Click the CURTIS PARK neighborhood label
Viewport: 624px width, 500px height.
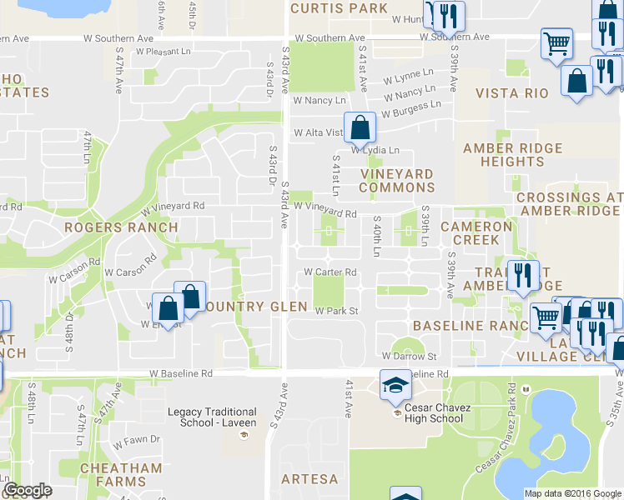pos(339,8)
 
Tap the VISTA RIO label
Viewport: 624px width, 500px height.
pos(512,93)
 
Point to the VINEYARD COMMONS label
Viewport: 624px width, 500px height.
pos(396,181)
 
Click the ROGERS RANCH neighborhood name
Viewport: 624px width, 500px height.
pos(121,227)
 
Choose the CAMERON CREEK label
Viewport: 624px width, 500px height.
pos(476,232)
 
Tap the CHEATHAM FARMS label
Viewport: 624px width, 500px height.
pos(121,475)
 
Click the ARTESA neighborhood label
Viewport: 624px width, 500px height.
pos(309,479)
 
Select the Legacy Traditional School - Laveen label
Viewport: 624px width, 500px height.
pos(212,417)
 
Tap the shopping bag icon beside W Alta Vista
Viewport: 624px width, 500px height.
pos(360,128)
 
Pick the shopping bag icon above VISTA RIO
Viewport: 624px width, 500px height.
pos(576,81)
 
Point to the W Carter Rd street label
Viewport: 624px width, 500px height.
pos(330,272)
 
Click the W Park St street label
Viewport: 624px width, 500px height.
pos(336,312)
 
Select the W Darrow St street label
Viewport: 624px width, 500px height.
pos(410,356)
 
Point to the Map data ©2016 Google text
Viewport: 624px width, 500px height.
pos(572,493)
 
